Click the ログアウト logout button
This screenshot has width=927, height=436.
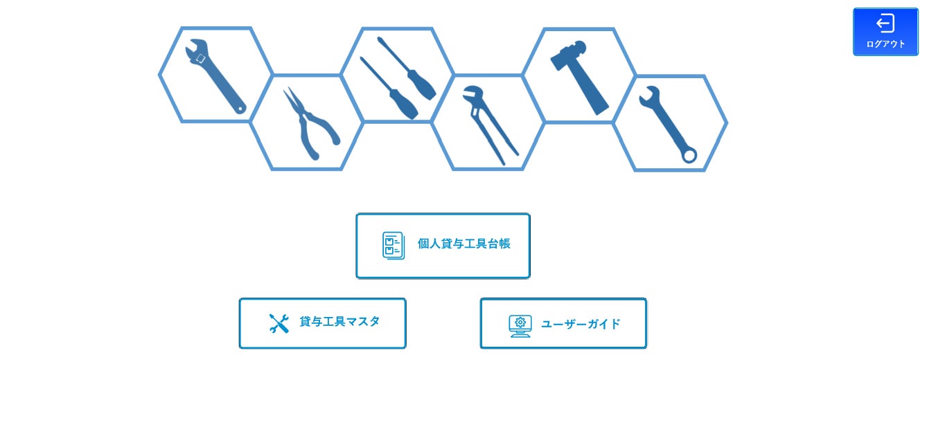885,32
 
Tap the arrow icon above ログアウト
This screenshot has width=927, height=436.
885,24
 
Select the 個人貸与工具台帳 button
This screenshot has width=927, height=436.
443,246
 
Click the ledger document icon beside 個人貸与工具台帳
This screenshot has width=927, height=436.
394,246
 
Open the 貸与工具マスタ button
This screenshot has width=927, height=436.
322,323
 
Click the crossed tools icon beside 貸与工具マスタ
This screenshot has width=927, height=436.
279,323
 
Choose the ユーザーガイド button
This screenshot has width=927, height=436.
563,323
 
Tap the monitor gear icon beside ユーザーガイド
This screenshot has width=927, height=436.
520,325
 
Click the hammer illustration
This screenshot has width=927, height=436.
579,76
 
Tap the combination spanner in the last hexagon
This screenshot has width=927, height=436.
669,125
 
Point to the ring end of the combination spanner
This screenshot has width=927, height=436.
689,155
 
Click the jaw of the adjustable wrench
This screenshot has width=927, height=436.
197,53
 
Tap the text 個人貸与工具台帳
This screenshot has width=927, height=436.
463,244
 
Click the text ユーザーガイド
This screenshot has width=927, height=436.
581,324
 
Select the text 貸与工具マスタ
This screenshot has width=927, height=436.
339,322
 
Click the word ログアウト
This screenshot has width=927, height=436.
885,44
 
